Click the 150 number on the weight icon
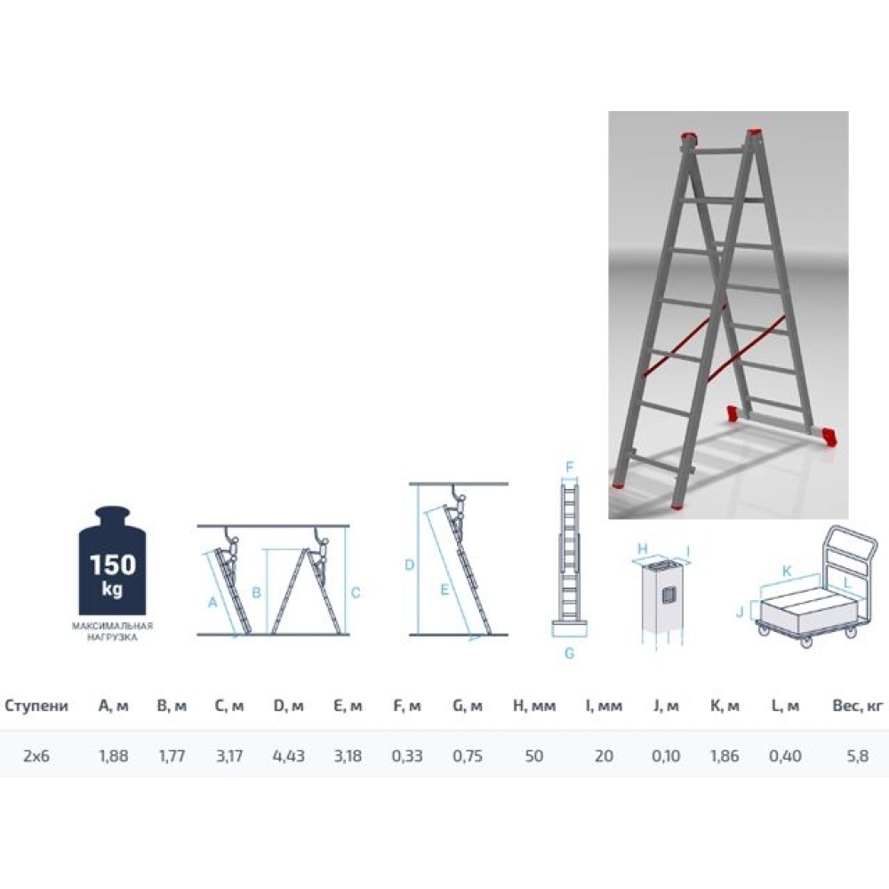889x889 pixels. pos(113,565)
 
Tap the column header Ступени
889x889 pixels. pos(36,706)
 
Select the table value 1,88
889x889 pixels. pos(114,756)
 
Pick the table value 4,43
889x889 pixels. pos(289,756)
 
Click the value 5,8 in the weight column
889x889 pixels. pos(857,756)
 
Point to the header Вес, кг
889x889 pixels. pos(858,706)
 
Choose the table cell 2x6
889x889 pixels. pos(36,756)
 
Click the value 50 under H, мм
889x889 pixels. pos(534,756)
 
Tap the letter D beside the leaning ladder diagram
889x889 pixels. pos(409,565)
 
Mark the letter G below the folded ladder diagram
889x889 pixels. pos(570,653)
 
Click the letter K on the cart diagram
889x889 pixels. pos(787,571)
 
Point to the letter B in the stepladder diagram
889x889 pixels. pos(256,593)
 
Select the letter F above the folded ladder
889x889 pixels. pos(570,468)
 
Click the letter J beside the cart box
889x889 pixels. pos(740,613)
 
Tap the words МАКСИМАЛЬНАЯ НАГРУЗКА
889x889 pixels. pos(112,631)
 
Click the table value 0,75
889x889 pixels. pos(468,756)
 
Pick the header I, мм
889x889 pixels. pos(604,706)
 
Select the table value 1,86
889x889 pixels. pos(725,756)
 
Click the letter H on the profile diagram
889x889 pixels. pos(643,549)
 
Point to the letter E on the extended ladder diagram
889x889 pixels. pos(444,589)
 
